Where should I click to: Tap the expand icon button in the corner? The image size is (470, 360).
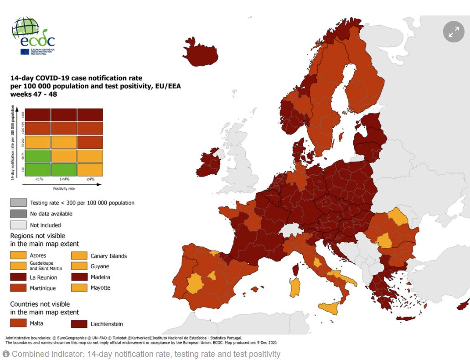pos(454,32)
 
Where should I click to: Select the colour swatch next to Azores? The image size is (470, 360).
pos(18,256)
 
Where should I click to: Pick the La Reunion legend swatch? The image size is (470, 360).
pos(18,277)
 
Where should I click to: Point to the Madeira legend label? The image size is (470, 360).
pos(100,277)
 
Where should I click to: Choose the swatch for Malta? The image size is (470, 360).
pos(18,323)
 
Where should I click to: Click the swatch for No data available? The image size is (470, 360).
pos(18,214)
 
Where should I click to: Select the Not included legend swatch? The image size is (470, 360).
pos(18,225)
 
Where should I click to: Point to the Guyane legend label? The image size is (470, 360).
pos(100,266)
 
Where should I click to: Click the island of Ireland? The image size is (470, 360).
pos(210,162)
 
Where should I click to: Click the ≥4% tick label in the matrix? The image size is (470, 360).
pos(90,179)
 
